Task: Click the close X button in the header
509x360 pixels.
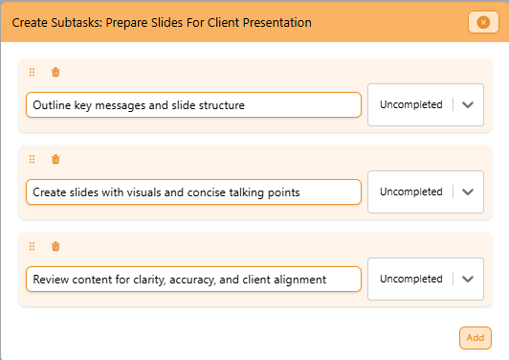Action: (478, 22)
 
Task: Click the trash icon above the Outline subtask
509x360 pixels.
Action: (55, 72)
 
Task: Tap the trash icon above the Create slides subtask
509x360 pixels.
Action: (55, 159)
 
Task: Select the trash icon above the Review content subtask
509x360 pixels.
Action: (55, 246)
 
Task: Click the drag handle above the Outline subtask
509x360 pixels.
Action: (32, 72)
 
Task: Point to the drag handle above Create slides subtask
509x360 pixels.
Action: (32, 159)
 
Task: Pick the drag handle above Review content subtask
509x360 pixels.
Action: (32, 246)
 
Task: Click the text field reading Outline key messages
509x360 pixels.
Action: (193, 104)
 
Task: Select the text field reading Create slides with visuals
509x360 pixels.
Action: (193, 191)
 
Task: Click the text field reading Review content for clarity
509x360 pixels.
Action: (193, 279)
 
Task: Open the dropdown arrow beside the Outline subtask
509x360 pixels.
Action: (468, 104)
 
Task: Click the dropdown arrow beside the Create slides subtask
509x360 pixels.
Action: (468, 191)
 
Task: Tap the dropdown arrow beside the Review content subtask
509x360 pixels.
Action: (468, 279)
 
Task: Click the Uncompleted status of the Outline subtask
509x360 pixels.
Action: (410, 104)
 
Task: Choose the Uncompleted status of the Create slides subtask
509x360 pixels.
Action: (410, 191)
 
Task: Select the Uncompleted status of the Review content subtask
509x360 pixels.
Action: (410, 279)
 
